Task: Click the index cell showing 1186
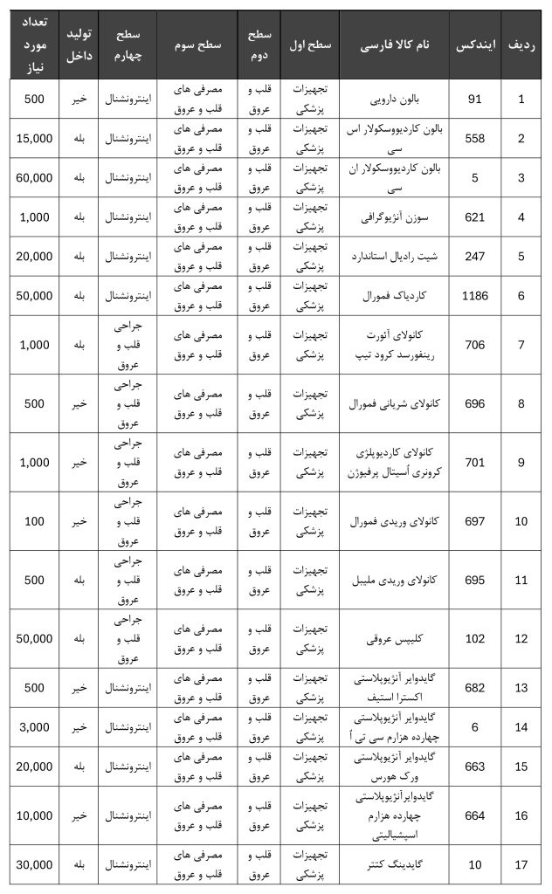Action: [x=475, y=297]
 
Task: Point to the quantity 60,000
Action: [x=35, y=178]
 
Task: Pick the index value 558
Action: [x=475, y=139]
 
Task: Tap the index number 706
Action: [x=475, y=346]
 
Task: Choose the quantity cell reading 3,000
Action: [x=35, y=726]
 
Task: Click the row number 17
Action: [x=522, y=865]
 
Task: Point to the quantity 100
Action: [x=35, y=521]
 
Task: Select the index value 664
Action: [x=475, y=815]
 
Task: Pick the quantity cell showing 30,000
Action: [x=35, y=865]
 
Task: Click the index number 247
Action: [x=475, y=258]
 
